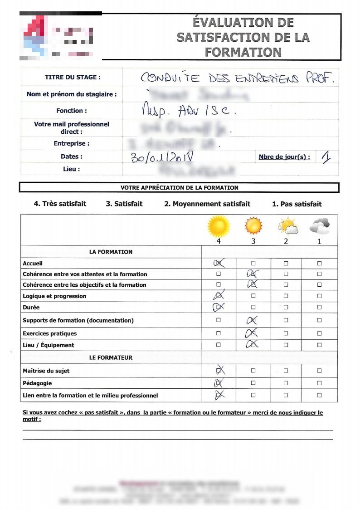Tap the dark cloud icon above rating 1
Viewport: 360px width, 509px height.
click(319, 225)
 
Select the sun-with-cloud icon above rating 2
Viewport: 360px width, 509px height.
click(287, 225)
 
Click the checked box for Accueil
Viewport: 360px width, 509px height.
click(219, 263)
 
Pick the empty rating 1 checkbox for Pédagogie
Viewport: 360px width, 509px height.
click(319, 383)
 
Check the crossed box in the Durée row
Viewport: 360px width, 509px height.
click(219, 307)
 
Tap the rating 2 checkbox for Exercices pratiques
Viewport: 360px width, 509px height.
click(286, 333)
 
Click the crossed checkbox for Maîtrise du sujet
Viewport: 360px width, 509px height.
click(219, 371)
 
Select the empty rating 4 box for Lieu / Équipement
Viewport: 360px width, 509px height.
click(219, 345)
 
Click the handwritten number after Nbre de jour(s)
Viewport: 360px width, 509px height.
click(326, 157)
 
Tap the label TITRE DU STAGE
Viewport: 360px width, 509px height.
click(73, 77)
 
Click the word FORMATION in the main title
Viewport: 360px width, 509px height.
click(243, 52)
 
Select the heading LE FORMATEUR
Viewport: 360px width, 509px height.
click(111, 357)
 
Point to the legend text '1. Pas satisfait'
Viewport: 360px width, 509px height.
click(297, 204)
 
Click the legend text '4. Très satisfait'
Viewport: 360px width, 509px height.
click(60, 204)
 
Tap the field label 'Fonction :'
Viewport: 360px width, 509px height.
click(72, 111)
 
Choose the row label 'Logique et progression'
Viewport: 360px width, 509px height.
click(54, 296)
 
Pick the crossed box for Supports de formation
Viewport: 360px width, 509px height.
click(253, 320)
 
